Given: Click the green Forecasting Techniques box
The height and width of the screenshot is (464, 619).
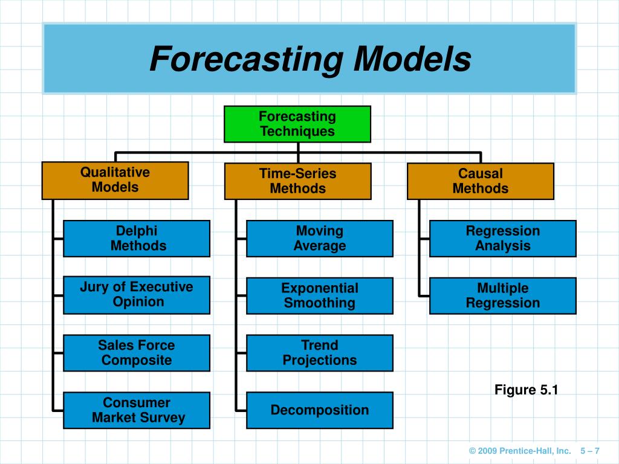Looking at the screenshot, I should pos(297,124).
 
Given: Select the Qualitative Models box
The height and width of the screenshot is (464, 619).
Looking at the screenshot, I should pos(115,180).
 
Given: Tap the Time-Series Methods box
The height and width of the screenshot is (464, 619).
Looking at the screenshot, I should pos(297,181).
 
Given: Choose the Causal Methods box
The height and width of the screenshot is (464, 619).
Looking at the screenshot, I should pos(480,181).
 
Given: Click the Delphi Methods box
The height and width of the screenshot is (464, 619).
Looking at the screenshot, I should pos(137,239).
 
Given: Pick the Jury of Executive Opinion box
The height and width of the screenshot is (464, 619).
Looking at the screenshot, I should pos(137,295).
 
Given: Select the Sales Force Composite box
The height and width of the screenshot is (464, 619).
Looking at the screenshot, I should pos(137,353).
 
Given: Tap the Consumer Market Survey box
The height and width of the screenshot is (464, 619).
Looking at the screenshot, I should pos(137,410).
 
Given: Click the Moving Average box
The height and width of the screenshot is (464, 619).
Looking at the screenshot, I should pos(320,239).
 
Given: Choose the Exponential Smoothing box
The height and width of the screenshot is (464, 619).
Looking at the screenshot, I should pos(320,295).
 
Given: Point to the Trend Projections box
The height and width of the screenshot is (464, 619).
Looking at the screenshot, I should pos(320,353).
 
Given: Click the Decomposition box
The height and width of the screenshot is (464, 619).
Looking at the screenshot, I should pos(320,410).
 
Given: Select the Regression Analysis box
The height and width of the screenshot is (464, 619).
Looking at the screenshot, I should pos(502,239).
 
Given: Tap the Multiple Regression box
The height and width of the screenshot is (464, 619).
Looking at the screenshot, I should pos(502,295).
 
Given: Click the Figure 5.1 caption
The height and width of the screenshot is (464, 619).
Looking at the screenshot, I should pos(526,390).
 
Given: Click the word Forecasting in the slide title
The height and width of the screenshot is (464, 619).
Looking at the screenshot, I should pos(247,60).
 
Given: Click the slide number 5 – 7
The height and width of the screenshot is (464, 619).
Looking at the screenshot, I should pos(589,451).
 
